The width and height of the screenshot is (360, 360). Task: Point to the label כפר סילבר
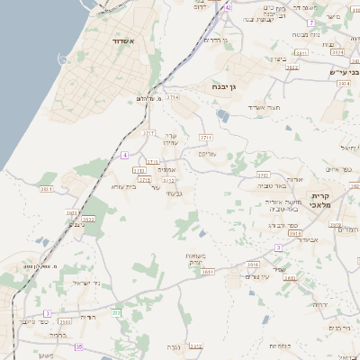pos(33,319)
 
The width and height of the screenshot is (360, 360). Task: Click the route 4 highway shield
pos(123,155)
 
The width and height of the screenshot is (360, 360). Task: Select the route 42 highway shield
pos(229,6)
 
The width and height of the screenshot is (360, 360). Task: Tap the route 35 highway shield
pos(79,346)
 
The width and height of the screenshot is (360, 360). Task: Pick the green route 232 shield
pos(116,312)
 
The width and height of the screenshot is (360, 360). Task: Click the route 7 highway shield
pos(310,22)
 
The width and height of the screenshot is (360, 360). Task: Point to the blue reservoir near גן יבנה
pos(223,115)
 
